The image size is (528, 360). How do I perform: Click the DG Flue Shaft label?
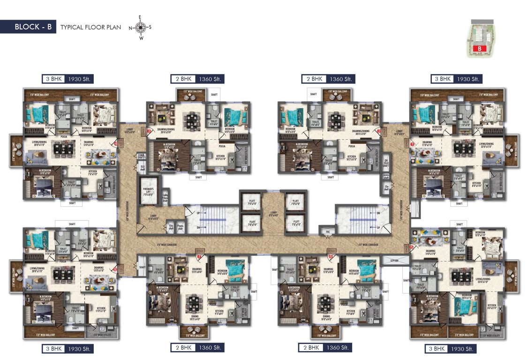[x=386, y=162]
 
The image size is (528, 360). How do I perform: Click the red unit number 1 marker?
[x=413, y=145]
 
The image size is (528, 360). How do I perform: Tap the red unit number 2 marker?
[x=379, y=132]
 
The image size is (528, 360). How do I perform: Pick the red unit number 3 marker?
[x=149, y=132]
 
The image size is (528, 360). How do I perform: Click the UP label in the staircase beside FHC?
[x=378, y=227]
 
